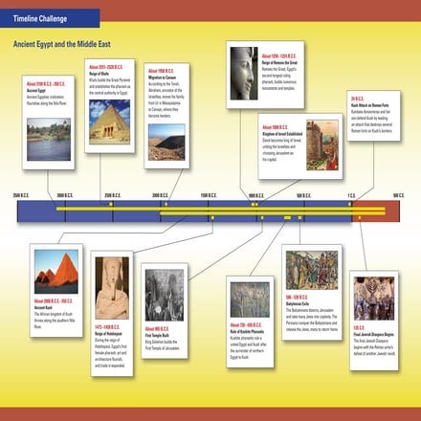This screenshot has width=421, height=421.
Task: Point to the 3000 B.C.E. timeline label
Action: (64, 194)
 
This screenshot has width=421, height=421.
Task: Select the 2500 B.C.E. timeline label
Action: (111, 194)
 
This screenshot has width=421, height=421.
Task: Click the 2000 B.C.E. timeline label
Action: (159, 194)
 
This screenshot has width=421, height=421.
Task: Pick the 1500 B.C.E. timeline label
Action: (208, 194)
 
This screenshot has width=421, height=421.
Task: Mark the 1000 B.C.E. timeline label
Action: (255, 194)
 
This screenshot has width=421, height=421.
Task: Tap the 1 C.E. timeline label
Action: (351, 194)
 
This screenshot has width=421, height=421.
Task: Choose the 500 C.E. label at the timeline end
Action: (398, 194)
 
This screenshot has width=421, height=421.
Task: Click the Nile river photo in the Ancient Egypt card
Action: (48, 139)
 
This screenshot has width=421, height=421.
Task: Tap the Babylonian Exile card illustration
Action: (311, 271)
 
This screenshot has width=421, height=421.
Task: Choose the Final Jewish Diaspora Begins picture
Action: (376, 299)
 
